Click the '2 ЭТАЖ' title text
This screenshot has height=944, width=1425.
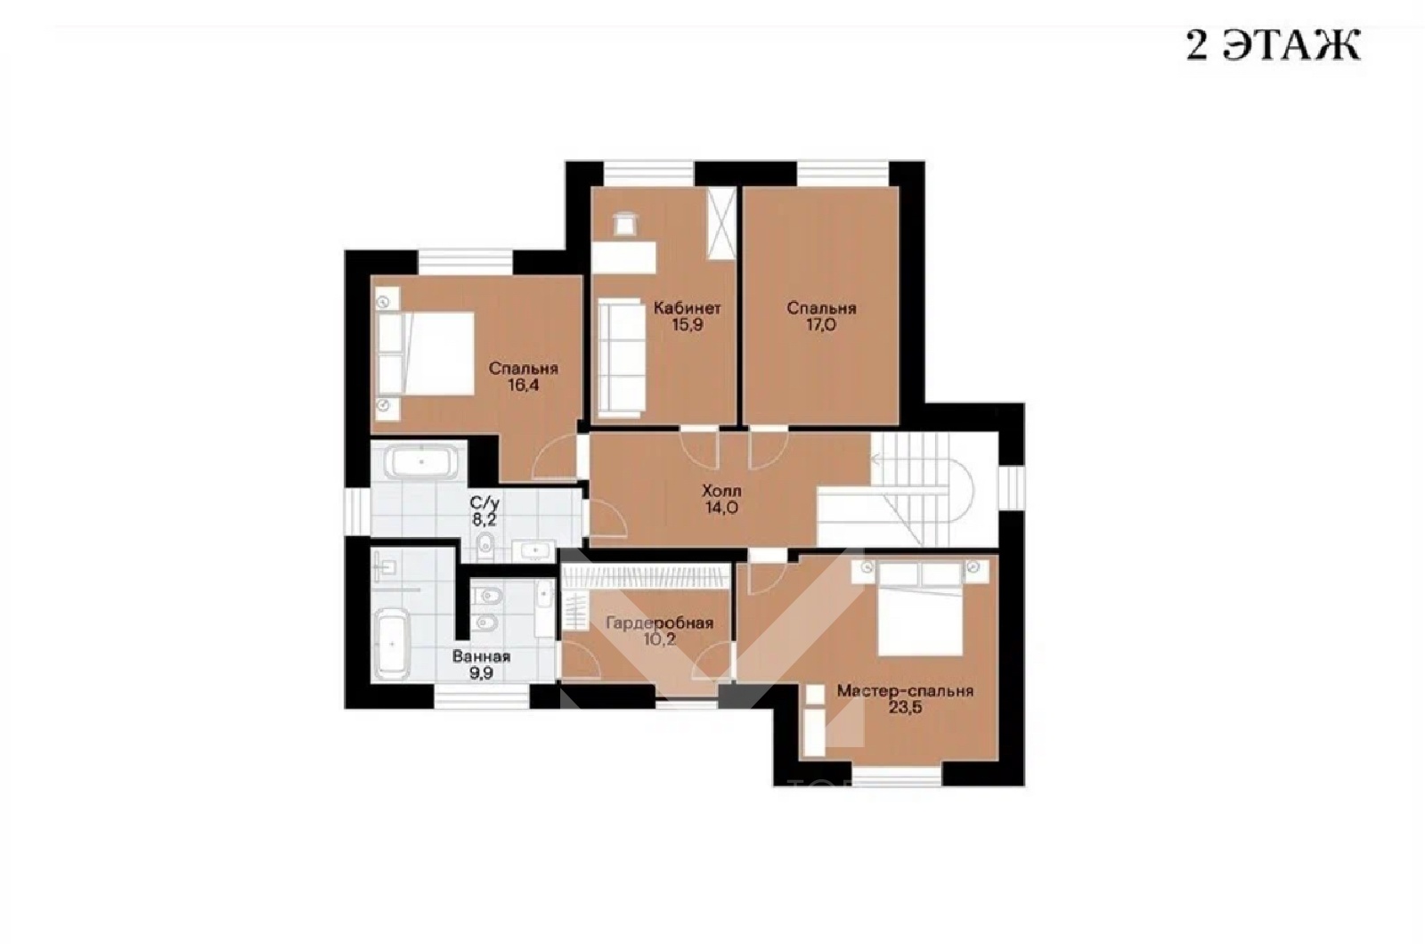pyautogui.click(x=1273, y=45)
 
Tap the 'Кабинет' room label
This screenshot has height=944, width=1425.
pyautogui.click(x=687, y=308)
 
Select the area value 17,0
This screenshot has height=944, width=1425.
pyautogui.click(x=821, y=326)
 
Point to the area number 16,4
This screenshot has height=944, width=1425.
pyautogui.click(x=523, y=385)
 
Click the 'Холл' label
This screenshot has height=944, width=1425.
pyautogui.click(x=721, y=491)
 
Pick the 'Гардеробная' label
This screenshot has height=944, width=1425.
pyautogui.click(x=659, y=623)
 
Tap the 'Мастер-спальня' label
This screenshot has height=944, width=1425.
pyautogui.click(x=905, y=691)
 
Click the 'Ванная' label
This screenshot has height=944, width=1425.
pyautogui.click(x=481, y=656)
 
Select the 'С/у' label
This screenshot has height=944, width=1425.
pyautogui.click(x=484, y=503)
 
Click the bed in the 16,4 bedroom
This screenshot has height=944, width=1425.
pyautogui.click(x=425, y=354)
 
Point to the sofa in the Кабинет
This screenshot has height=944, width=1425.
pyautogui.click(x=622, y=357)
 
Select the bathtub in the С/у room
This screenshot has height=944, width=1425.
pyautogui.click(x=420, y=462)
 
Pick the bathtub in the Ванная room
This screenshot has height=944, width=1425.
pyautogui.click(x=391, y=645)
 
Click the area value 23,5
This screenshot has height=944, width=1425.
pyautogui.click(x=905, y=707)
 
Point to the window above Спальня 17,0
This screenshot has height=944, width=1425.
pyautogui.click(x=843, y=174)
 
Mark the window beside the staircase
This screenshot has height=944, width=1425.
pyautogui.click(x=1012, y=488)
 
